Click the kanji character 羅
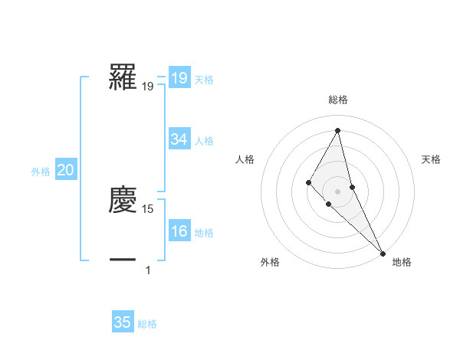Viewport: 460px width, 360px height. click(123, 77)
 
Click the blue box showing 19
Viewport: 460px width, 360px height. click(179, 78)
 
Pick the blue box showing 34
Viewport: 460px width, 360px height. click(179, 139)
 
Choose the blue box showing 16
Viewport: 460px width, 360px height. click(179, 232)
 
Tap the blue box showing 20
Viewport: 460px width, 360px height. click(65, 171)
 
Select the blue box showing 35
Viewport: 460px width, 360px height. click(123, 322)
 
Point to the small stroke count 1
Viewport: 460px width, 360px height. click(148, 270)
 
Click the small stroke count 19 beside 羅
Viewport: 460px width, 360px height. click(148, 87)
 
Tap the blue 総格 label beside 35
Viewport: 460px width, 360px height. click(147, 324)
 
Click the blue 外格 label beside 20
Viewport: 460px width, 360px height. click(41, 172)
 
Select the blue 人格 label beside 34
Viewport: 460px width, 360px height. click(204, 141)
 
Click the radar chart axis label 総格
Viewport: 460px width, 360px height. click(337, 100)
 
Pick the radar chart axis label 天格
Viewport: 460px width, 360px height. click(432, 159)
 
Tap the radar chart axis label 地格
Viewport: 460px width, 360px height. click(402, 262)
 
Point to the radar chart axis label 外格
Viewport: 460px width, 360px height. click(270, 262)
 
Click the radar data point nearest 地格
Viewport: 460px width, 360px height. click(383, 253)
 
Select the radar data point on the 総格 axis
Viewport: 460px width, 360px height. click(337, 130)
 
